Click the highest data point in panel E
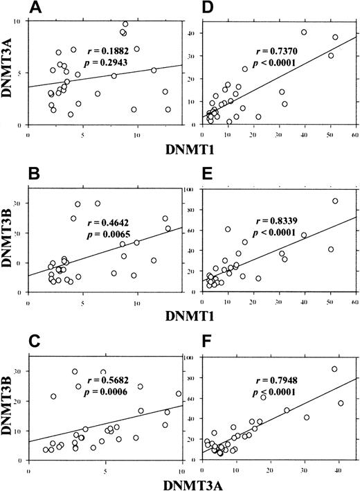click(x=335, y=201)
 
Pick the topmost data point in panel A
click(x=125, y=24)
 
